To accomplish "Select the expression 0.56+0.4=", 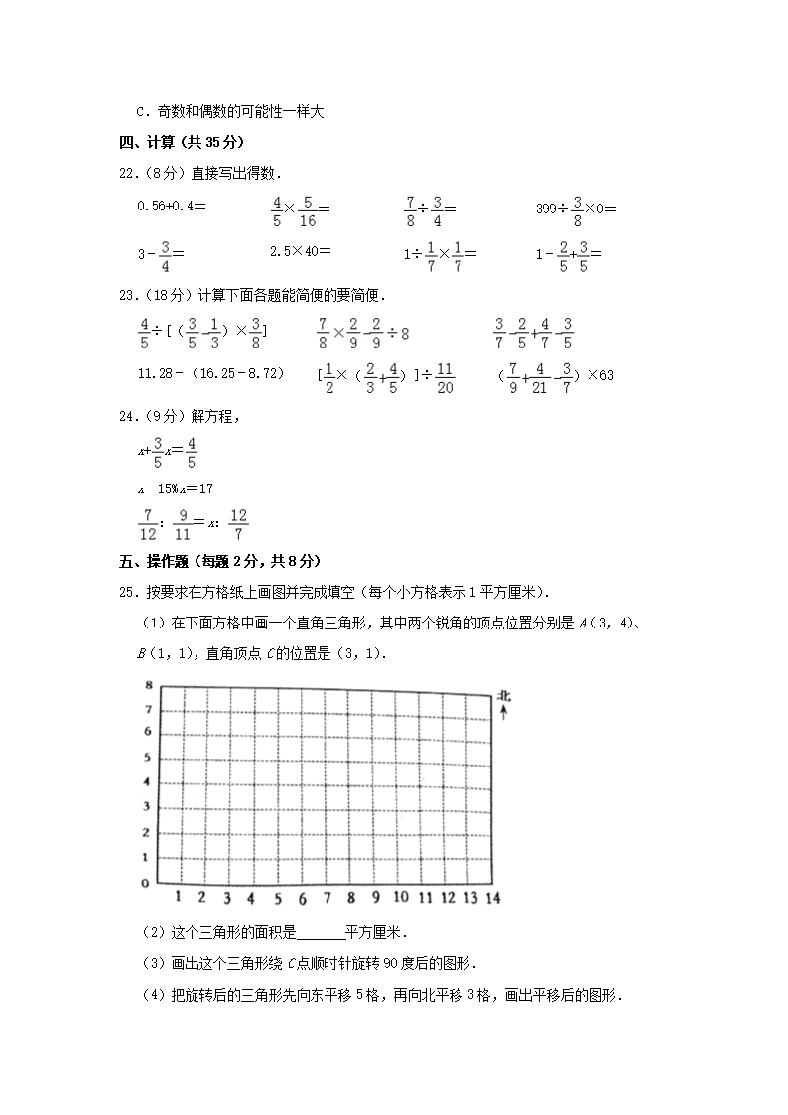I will (x=171, y=206).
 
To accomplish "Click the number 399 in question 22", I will (x=545, y=209).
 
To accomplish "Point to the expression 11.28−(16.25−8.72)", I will (x=210, y=373).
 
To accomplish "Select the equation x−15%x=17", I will (x=175, y=488).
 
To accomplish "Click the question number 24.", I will (x=127, y=419).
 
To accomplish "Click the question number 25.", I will (x=127, y=592).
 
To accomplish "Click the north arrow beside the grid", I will (x=503, y=713).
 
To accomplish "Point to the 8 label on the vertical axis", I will (x=147, y=685).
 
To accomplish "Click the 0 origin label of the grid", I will (x=145, y=882).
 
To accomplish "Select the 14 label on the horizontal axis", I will (x=492, y=898).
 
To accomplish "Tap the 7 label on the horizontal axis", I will (x=327, y=899).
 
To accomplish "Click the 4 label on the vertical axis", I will (x=146, y=781).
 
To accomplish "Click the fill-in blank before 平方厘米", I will (x=320, y=933).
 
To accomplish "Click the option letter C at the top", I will (x=140, y=112).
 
